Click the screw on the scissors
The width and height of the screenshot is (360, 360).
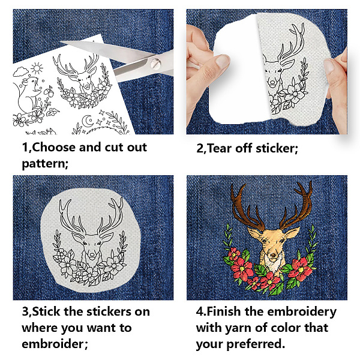point(155,63)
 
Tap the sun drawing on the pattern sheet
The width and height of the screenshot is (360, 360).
point(37,68)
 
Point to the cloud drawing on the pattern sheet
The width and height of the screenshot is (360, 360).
point(20,71)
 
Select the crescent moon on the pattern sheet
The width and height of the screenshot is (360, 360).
point(88,121)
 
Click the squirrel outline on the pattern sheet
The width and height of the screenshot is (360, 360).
point(28,94)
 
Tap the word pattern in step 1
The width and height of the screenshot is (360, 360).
point(44,164)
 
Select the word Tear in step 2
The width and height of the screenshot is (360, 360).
point(220,148)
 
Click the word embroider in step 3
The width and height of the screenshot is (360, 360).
point(52,344)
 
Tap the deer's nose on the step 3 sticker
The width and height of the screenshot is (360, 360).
point(92,254)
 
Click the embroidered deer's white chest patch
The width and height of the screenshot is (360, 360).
point(273,263)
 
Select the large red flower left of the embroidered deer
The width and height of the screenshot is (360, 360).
point(242,269)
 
